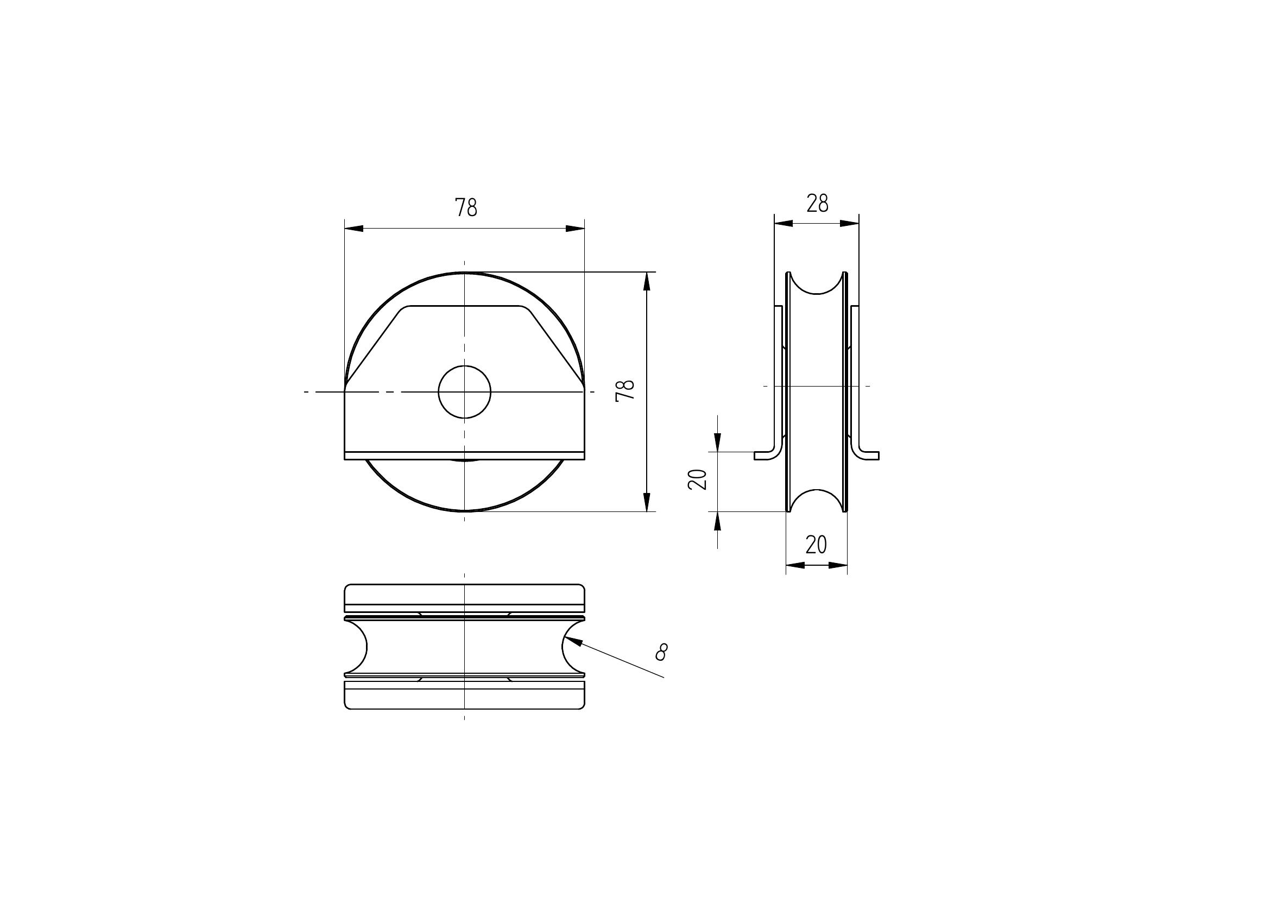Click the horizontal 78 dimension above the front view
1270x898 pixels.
click(x=466, y=207)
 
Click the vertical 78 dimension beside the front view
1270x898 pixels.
click(x=625, y=390)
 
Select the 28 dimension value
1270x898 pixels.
click(x=817, y=204)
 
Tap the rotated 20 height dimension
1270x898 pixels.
click(x=698, y=479)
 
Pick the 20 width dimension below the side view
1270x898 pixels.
click(x=816, y=545)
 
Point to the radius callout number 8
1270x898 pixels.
click(x=661, y=652)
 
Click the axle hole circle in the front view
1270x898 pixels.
click(x=465, y=391)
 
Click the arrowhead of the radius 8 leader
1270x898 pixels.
click(x=572, y=641)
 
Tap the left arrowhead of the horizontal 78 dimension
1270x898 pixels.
click(x=354, y=229)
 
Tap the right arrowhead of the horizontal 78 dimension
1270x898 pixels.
click(x=574, y=229)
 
